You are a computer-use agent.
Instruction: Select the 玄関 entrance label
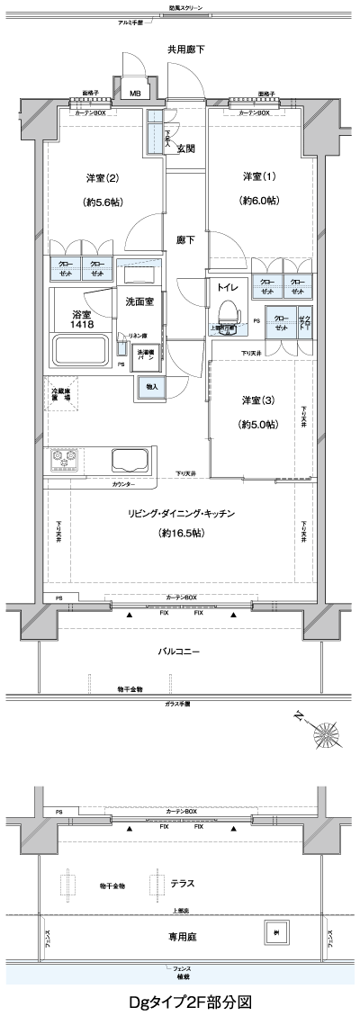tap(186, 148)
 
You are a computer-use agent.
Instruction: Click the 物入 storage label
tap(150, 386)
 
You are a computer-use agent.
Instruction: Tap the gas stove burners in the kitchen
tap(64, 462)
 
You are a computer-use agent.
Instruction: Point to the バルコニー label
tap(179, 651)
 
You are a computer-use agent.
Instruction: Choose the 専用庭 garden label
tap(182, 937)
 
